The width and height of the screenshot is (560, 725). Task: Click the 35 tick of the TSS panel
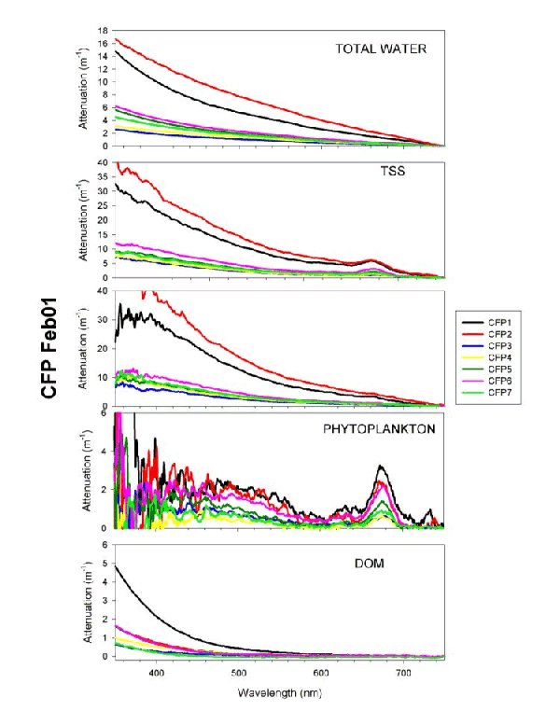(x=104, y=177)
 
